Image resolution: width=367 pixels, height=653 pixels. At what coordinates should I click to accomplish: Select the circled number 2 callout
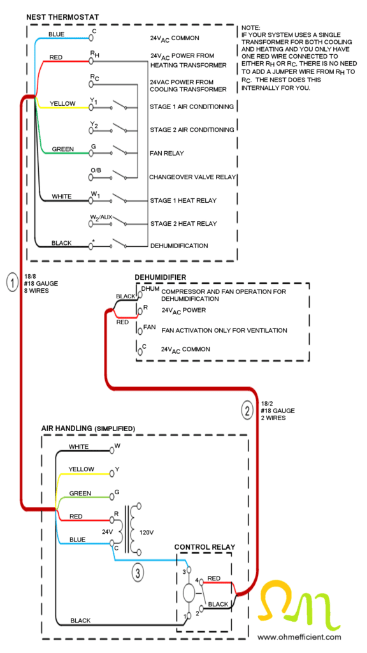[247, 411]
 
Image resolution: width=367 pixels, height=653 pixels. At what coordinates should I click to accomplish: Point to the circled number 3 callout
[138, 572]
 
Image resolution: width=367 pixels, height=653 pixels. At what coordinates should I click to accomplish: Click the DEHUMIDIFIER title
[160, 277]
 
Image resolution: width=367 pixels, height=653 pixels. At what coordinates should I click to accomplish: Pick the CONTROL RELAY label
[205, 547]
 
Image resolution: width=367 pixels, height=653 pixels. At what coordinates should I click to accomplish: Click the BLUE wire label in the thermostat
[57, 34]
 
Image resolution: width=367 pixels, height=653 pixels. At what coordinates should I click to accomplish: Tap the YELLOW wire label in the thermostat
[63, 103]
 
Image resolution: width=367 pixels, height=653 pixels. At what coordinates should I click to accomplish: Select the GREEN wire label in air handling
[80, 493]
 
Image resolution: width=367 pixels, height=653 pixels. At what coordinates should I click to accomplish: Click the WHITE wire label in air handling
[79, 446]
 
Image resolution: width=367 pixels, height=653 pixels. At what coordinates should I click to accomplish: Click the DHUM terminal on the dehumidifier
[150, 289]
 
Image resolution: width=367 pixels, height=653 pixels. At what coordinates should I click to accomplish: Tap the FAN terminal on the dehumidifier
[150, 326]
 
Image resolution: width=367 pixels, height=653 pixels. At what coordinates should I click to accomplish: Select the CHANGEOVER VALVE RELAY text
[192, 177]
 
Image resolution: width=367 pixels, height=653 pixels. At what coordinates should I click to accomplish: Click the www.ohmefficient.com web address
[299, 636]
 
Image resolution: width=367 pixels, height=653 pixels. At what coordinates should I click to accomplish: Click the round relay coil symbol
[188, 592]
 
